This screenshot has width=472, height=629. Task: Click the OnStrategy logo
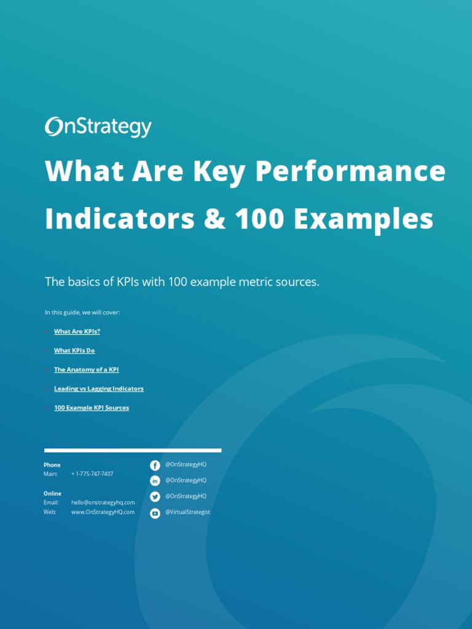pos(98,127)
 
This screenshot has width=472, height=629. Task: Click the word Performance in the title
pos(350,171)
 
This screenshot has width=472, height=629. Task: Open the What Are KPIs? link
pos(77,332)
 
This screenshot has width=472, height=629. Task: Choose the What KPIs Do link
pos(74,351)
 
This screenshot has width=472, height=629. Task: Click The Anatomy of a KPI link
pos(87,370)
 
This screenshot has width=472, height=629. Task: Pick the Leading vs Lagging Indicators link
pos(98,389)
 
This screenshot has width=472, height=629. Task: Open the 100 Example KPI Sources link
pos(92,408)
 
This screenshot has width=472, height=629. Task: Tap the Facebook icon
pos(155,466)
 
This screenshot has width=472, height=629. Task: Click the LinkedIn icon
pos(155,481)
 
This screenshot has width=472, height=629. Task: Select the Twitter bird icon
pos(155,497)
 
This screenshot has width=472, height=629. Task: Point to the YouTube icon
pos(155,513)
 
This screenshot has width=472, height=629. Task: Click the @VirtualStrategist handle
pos(187,512)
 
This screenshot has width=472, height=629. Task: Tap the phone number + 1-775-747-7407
pos(92,474)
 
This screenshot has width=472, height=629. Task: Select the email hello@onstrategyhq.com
pos(103,502)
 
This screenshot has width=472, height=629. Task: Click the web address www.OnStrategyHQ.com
pos(103,512)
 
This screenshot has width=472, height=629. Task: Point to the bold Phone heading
pos(52,465)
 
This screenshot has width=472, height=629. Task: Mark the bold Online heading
pos(52,494)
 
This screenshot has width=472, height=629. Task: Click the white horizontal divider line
pos(133,450)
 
